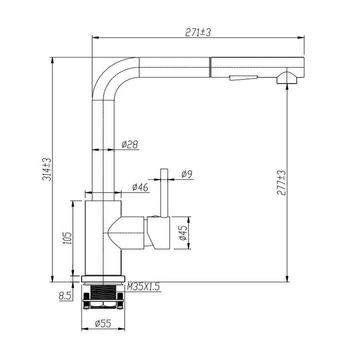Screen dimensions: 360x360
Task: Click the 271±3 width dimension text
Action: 198,32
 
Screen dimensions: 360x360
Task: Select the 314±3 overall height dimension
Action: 47,169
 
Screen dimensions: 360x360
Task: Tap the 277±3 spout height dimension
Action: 281,183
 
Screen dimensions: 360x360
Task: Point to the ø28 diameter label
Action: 129,144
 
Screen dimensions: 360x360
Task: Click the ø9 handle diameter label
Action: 186,174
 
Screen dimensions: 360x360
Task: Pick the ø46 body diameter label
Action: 140,187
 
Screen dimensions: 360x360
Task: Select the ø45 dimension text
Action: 183,233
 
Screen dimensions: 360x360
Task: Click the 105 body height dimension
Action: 67,238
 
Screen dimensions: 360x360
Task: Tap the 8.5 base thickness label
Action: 65,296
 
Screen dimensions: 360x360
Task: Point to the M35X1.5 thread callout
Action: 143,287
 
